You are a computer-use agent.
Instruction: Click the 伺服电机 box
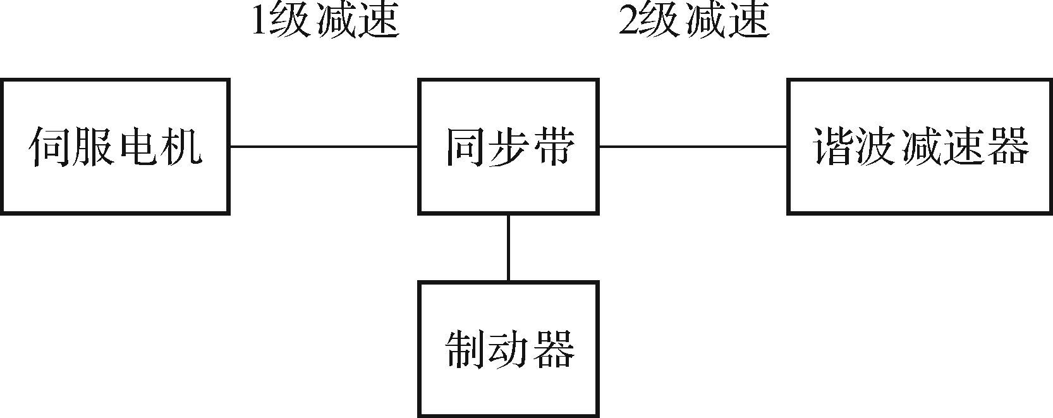[x=114, y=146]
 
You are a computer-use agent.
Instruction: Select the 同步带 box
[x=508, y=146]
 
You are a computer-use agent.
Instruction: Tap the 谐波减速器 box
[x=920, y=146]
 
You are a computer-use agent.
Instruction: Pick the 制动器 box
[x=508, y=349]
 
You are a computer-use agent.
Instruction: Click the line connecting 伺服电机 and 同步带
[x=324, y=147]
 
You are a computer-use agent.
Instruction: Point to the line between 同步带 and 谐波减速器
[x=693, y=147]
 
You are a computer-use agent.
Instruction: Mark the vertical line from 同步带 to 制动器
[x=508, y=247]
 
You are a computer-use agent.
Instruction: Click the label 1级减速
[x=325, y=20]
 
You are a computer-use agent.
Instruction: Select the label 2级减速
[x=693, y=20]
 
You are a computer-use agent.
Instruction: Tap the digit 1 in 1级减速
[x=259, y=21]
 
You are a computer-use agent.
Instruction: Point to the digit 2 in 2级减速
[x=627, y=21]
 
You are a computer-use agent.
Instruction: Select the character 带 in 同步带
[x=554, y=147]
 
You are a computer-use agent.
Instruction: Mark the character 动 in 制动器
[x=510, y=349]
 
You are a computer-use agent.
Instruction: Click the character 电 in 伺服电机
[x=138, y=147]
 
